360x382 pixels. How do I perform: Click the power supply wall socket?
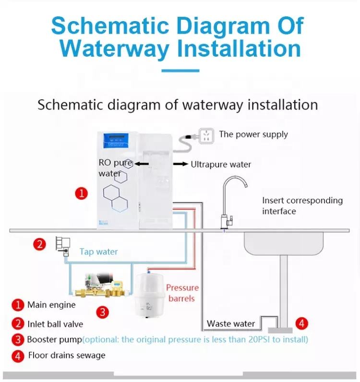[x=206, y=136]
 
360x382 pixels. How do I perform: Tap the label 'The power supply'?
[x=253, y=134]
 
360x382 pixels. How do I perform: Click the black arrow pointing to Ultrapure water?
[x=180, y=164]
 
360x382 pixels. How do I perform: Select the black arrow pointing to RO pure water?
[x=142, y=164]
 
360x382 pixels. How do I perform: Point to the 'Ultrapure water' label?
[x=221, y=165]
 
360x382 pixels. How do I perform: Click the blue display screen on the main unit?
[x=116, y=141]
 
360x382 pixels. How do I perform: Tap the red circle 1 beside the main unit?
[x=81, y=193]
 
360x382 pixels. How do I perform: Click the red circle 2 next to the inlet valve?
[x=39, y=244]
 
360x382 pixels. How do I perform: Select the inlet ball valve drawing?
[x=63, y=246]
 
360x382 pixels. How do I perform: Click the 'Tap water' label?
[x=99, y=251]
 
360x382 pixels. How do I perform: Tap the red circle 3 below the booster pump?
[x=102, y=312]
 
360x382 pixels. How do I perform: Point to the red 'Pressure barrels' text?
[x=182, y=293]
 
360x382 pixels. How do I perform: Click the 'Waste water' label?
[x=230, y=324]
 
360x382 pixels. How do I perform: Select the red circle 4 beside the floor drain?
[x=302, y=323]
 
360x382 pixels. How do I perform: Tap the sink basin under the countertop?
[x=284, y=243]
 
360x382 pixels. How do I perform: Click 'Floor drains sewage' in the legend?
[x=67, y=355]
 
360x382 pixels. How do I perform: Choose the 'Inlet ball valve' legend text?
[x=55, y=324]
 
